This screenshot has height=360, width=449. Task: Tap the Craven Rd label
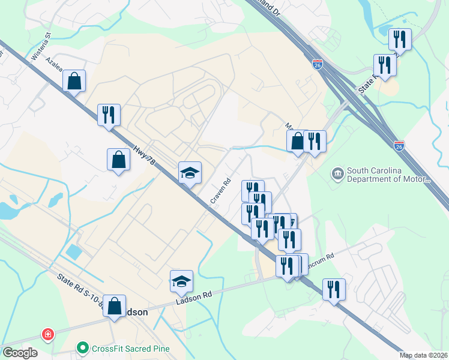(220, 191)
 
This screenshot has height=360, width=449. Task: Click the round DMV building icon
(337, 174)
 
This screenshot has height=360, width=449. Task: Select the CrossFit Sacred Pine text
(130, 348)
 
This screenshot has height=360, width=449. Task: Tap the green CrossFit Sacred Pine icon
(83, 348)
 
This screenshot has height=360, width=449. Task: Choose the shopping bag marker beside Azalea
(74, 81)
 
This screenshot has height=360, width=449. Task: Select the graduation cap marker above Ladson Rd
(181, 281)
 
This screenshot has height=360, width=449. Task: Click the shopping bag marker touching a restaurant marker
(297, 142)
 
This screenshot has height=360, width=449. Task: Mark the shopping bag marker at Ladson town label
(114, 306)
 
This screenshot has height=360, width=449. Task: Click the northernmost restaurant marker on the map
(399, 40)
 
